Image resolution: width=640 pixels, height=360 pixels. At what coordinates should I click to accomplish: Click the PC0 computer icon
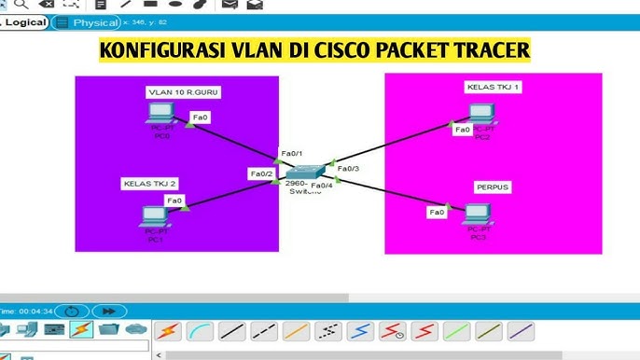(x=156, y=114)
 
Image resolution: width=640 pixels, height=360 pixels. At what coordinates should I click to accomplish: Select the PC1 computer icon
(x=152, y=215)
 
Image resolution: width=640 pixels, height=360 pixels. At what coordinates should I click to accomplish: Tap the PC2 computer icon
(x=480, y=114)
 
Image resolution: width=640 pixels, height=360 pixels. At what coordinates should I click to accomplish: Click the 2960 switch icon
(x=305, y=172)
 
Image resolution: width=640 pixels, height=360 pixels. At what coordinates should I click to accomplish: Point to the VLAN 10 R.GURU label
(x=184, y=92)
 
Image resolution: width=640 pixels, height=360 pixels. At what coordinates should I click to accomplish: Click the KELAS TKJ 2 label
(x=149, y=184)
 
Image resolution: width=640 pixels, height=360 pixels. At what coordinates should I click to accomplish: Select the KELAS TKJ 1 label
(x=493, y=87)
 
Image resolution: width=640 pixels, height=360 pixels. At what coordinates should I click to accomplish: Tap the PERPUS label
(x=492, y=187)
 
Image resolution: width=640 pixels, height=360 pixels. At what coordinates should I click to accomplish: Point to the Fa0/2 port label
(x=260, y=173)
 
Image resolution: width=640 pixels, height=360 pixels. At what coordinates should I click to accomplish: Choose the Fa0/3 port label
(x=348, y=169)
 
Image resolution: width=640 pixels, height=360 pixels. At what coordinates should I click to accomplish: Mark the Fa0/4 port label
(x=322, y=187)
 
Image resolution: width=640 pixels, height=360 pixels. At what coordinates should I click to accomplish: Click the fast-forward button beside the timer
(x=109, y=311)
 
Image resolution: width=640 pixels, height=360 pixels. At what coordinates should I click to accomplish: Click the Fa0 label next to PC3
(x=437, y=213)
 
